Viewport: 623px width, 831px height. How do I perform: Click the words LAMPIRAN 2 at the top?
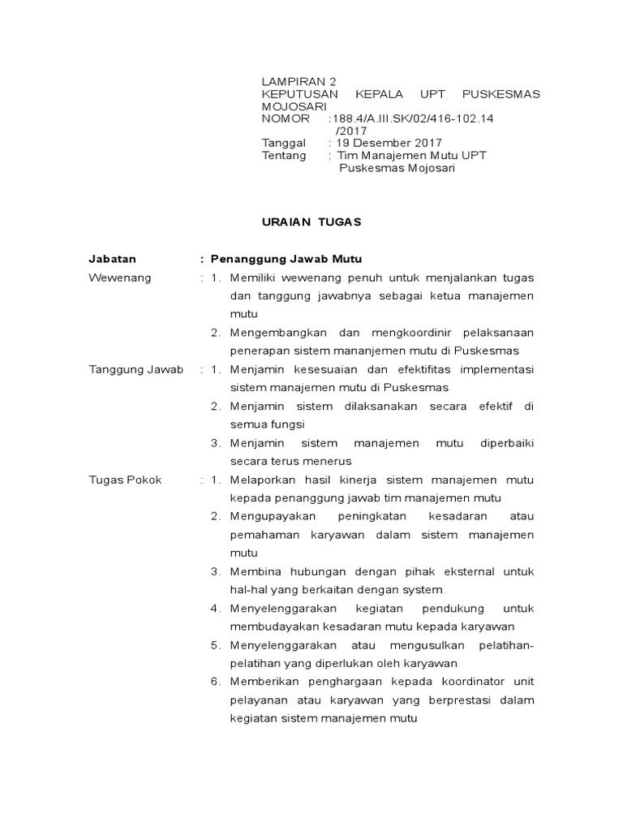pyautogui.click(x=298, y=82)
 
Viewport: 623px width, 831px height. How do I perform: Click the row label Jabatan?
pyautogui.click(x=113, y=259)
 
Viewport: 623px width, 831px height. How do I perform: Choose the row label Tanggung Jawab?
pyautogui.click(x=136, y=369)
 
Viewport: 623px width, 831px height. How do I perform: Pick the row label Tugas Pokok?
pyautogui.click(x=125, y=480)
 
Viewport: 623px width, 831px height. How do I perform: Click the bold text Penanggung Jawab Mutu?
pyautogui.click(x=275, y=259)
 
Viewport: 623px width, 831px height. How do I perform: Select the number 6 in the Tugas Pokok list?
pyautogui.click(x=213, y=682)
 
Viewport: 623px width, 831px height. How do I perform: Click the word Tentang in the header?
pyautogui.click(x=284, y=155)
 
